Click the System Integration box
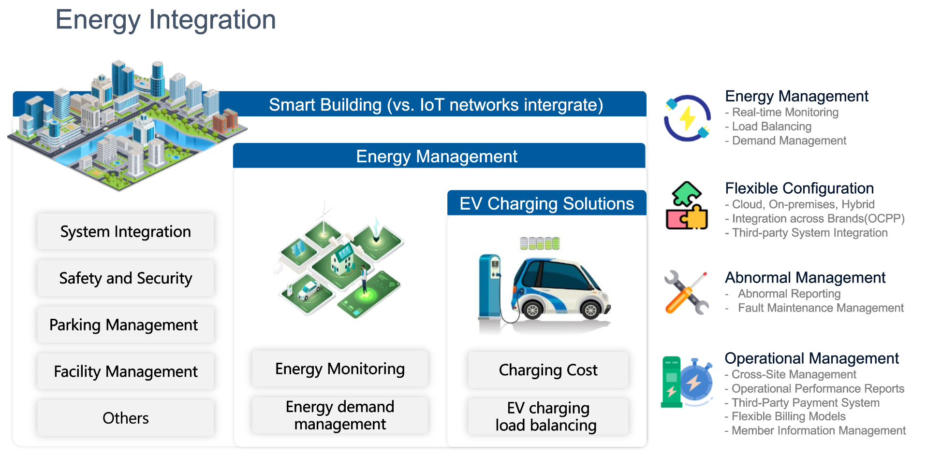tap(126, 231)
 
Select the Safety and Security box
tap(126, 278)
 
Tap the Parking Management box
tap(126, 325)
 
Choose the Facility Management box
tap(126, 371)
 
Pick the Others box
tap(126, 418)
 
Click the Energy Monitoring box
tap(340, 369)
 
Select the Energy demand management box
tap(340, 415)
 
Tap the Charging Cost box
tap(548, 370)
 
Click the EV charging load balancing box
tap(548, 416)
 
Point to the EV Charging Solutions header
tap(547, 203)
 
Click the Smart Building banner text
tap(436, 105)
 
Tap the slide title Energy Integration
tap(166, 20)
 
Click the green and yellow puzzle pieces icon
tap(687, 205)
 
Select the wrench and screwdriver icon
tap(687, 293)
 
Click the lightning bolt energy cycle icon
tap(687, 118)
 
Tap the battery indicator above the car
tap(540, 243)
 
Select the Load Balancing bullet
tap(768, 127)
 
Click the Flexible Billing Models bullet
tap(785, 416)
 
